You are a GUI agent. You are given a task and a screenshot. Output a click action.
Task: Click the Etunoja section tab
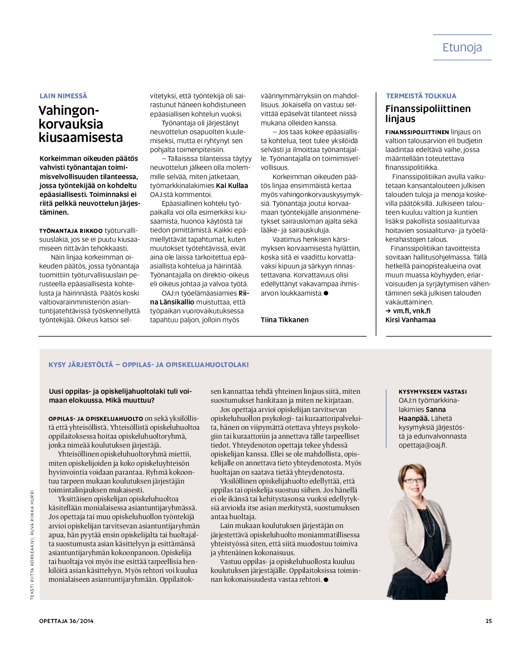coord(462,47)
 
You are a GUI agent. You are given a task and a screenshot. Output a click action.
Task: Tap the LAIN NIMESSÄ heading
coord(63,96)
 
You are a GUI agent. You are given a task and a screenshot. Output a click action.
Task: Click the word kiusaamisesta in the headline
coord(80,137)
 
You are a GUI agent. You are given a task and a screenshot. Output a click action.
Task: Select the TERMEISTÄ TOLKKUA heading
coord(421,96)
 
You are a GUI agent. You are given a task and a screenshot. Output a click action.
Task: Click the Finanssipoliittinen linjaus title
coord(427,114)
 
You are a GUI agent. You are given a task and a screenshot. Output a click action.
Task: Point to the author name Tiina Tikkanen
coord(284,320)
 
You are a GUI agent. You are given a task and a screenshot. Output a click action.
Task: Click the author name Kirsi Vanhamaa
coord(410,320)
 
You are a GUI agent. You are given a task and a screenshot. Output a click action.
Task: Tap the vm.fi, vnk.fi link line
coord(408,311)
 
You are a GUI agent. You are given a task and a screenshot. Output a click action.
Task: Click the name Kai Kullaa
coord(232,186)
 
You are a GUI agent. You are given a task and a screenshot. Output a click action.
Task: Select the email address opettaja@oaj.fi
coord(423,445)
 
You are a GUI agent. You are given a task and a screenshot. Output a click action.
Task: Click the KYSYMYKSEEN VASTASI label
coord(433,392)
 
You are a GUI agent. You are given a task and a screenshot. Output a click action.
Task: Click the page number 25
coord(489,621)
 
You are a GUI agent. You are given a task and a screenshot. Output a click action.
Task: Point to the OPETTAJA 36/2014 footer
coord(66,621)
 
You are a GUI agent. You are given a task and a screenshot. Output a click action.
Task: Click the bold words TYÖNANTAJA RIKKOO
coord(71,231)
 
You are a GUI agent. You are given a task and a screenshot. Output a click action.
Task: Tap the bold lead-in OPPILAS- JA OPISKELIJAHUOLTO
coord(96,419)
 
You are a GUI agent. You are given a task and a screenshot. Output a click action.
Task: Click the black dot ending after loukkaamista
coord(326,293)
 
